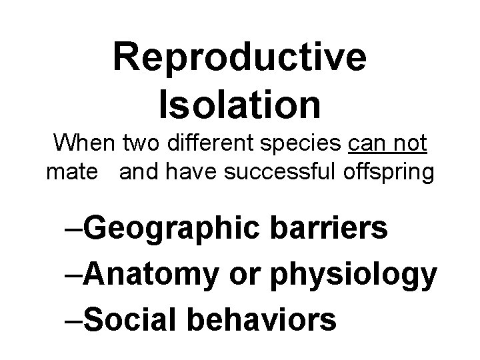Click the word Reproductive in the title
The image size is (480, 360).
pos(239,57)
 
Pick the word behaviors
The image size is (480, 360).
pos(261,320)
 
